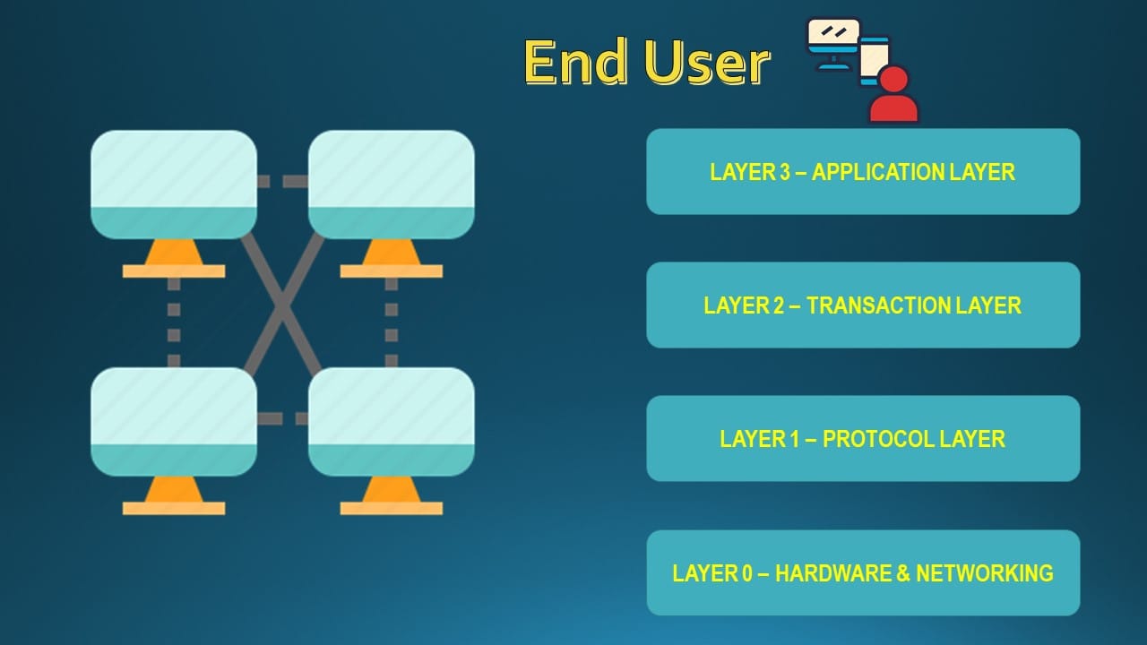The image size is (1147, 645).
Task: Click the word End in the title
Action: tap(575, 63)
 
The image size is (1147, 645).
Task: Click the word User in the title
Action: tap(707, 63)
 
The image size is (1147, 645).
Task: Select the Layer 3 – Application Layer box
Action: tap(862, 171)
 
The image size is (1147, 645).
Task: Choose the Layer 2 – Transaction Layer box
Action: tap(862, 305)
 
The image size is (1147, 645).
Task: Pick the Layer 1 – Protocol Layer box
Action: tap(862, 438)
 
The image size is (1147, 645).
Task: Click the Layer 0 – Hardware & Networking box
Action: tap(862, 572)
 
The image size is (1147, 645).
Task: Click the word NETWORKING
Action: tap(984, 573)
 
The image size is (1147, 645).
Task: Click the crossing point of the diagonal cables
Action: tap(282, 305)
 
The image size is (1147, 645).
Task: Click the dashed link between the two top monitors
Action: tap(282, 182)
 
